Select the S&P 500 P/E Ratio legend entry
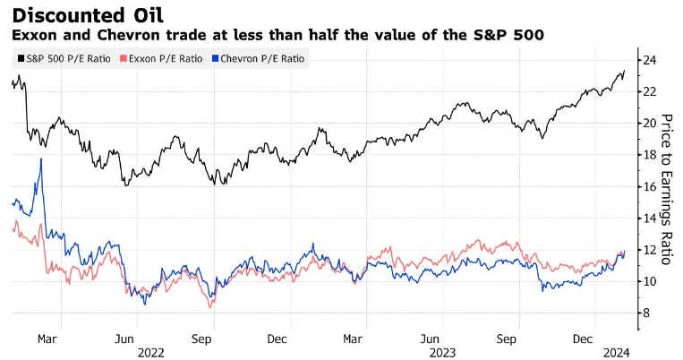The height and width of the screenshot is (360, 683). coord(60,59)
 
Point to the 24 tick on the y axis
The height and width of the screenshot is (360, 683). coord(651,60)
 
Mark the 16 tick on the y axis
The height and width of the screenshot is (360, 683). coord(651,186)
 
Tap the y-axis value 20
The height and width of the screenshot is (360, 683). coord(651,123)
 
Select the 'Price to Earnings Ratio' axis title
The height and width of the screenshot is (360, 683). coord(665,188)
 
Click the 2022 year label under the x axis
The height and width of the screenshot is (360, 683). coord(151,352)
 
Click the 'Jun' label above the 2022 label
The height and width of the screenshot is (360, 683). coord(125,339)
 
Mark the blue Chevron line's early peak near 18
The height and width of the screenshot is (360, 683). coord(41,159)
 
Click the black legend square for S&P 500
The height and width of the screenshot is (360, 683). coord(20,59)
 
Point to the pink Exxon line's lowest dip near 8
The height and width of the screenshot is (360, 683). coord(211,307)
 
